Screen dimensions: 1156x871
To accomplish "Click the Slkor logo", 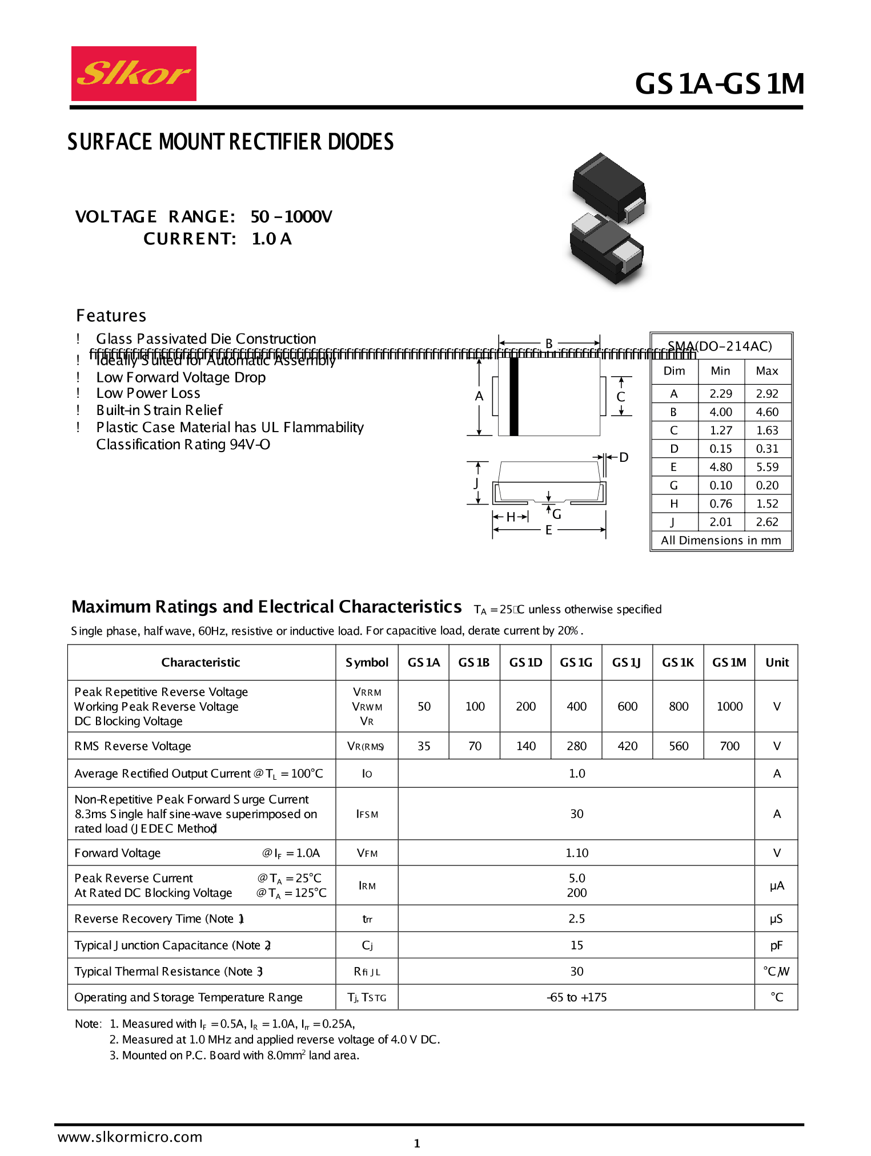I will click(134, 74).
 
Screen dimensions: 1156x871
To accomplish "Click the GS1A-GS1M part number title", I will click(719, 84).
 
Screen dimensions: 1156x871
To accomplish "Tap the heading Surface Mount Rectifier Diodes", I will click(230, 142).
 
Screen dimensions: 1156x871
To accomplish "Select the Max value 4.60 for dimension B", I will click(767, 412).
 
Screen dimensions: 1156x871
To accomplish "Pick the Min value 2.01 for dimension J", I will click(720, 522).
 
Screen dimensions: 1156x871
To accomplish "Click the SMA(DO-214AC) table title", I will click(720, 346).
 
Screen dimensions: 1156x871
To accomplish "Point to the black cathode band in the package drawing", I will click(513, 396).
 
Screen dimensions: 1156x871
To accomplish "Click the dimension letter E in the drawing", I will click(548, 530).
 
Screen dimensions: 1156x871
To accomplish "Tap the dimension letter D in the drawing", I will click(624, 457).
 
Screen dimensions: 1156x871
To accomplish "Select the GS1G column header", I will click(576, 662).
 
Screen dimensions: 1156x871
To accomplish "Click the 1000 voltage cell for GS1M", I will click(729, 706).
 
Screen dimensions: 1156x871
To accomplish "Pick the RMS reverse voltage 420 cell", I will click(627, 746).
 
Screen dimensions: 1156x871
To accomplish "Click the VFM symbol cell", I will click(367, 853).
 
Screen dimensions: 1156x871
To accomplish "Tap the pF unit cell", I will click(776, 945).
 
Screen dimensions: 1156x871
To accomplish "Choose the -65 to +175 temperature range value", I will click(576, 997).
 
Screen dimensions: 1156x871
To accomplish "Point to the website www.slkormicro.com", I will click(130, 1137).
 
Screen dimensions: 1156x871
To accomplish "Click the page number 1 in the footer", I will click(417, 1143).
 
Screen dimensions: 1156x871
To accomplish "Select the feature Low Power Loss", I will click(148, 393).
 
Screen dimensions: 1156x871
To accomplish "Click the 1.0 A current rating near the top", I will click(271, 239).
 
